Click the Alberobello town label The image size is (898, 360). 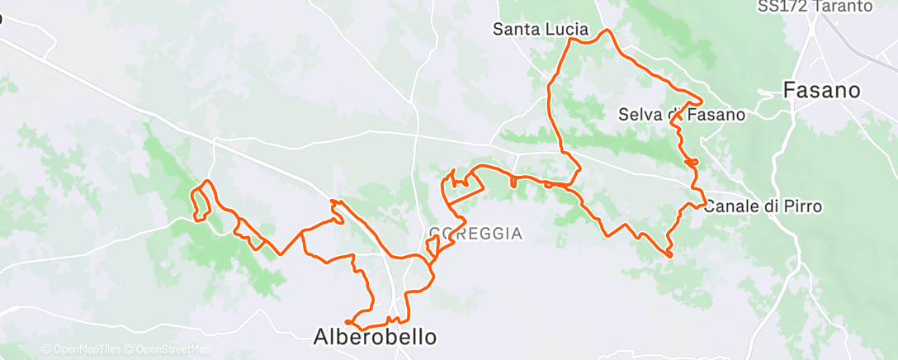pyautogui.click(x=375, y=337)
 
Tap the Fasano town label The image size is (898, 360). pyautogui.click(x=821, y=90)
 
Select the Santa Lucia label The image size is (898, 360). pyautogui.click(x=541, y=29)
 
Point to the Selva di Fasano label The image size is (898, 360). pyautogui.click(x=682, y=115)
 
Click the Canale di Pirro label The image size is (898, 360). pyautogui.click(x=763, y=206)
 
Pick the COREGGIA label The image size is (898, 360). pyautogui.click(x=476, y=234)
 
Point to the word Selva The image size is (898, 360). pyautogui.click(x=639, y=115)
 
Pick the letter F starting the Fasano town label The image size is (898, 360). pyautogui.click(x=788, y=90)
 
